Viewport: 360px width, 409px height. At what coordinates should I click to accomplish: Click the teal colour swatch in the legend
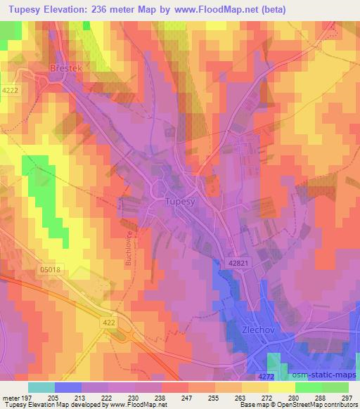41,387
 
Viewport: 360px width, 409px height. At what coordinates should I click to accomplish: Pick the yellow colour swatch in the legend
281,387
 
